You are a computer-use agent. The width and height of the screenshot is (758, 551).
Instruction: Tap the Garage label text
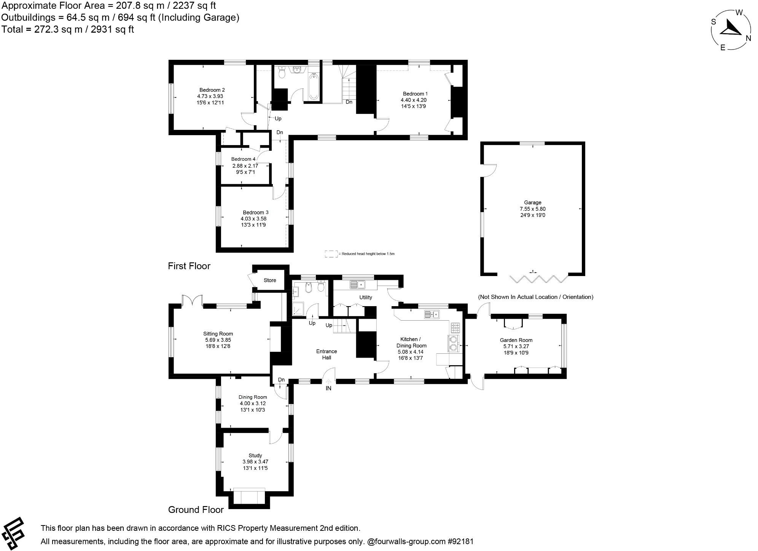(532, 203)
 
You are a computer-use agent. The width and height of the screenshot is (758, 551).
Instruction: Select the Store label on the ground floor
(270, 280)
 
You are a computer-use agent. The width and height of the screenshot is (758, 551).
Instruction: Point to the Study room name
(255, 455)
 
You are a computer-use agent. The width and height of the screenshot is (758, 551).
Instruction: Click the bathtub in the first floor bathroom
(314, 87)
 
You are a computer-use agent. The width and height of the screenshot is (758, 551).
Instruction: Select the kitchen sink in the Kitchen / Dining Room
(432, 315)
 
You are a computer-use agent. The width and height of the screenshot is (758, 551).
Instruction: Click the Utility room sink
(357, 284)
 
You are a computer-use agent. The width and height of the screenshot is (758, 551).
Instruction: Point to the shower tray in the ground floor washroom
(298, 309)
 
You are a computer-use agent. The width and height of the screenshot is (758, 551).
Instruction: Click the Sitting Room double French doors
(192, 301)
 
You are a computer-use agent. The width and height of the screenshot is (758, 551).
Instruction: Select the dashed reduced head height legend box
(331, 254)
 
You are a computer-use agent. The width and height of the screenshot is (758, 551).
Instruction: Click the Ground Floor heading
(196, 509)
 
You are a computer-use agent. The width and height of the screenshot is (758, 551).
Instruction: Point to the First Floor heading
(189, 266)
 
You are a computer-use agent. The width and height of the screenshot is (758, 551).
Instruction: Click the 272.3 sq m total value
(58, 29)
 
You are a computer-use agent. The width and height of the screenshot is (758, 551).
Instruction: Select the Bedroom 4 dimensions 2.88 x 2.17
(245, 166)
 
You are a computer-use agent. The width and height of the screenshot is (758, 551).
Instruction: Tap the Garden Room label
(516, 340)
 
